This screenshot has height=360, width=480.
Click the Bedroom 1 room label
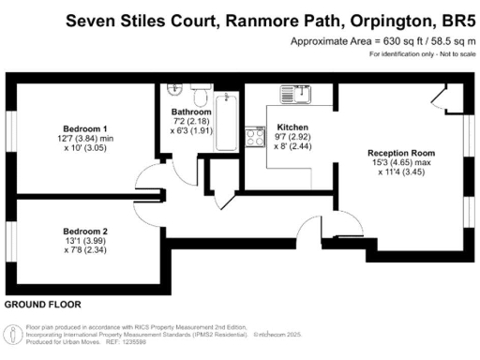click(x=85, y=127)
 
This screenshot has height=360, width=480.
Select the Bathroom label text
click(x=191, y=112)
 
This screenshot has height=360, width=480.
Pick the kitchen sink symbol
click(x=298, y=94)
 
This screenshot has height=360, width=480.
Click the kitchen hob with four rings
click(x=254, y=137)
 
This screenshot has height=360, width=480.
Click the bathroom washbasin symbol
click(x=173, y=91)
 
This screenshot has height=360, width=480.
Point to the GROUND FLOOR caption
click(x=42, y=305)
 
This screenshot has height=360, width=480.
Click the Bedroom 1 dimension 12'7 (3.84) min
click(x=85, y=138)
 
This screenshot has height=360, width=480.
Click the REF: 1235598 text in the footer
click(x=138, y=344)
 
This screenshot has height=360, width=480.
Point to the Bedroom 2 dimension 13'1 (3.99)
click(x=85, y=241)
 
